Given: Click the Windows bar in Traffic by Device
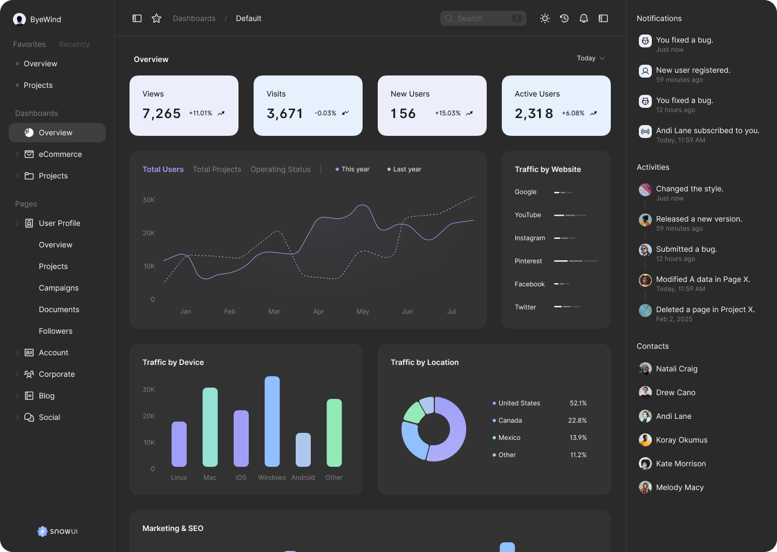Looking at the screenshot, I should point(272,422).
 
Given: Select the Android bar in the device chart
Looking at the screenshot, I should point(303,450).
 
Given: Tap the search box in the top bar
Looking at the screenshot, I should point(483,18).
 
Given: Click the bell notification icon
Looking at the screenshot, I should point(583,18).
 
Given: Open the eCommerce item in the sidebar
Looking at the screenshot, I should point(60,154).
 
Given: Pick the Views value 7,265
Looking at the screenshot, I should point(161,113).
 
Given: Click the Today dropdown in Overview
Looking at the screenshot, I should point(590,58).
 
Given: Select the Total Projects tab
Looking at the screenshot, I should point(217,169).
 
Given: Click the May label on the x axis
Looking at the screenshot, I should point(363,312).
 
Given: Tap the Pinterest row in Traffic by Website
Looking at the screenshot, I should point(556,261).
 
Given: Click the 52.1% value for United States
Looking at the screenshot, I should point(578,403).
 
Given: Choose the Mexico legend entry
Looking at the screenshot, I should point(509,438).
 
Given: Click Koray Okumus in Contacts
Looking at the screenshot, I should point(681,440).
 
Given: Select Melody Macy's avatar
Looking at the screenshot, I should point(645,487).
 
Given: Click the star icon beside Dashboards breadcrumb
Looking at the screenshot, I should point(156,18).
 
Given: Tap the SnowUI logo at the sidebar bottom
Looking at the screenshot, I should point(57,532).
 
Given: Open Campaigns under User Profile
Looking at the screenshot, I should point(59,288).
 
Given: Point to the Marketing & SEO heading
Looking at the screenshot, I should point(173,528).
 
